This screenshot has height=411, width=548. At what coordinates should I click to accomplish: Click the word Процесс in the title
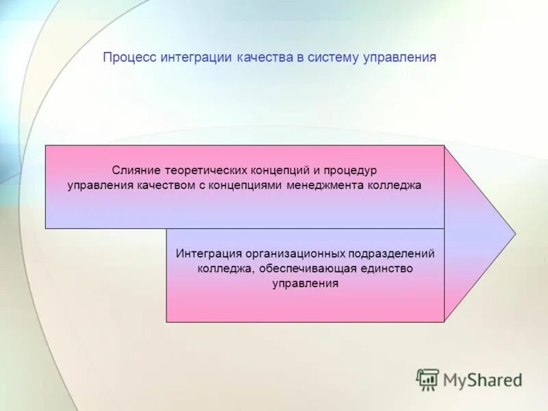tap(129, 58)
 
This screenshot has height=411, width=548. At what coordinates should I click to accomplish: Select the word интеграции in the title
tap(197, 58)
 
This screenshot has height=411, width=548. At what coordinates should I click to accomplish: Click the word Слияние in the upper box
tap(136, 169)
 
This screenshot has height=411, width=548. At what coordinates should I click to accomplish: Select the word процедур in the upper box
tap(351, 169)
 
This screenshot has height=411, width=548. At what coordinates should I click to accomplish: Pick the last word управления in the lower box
tap(306, 284)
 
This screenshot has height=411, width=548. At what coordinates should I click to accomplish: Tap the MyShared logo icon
tap(428, 379)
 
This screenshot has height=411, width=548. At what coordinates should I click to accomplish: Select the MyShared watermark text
tap(482, 380)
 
